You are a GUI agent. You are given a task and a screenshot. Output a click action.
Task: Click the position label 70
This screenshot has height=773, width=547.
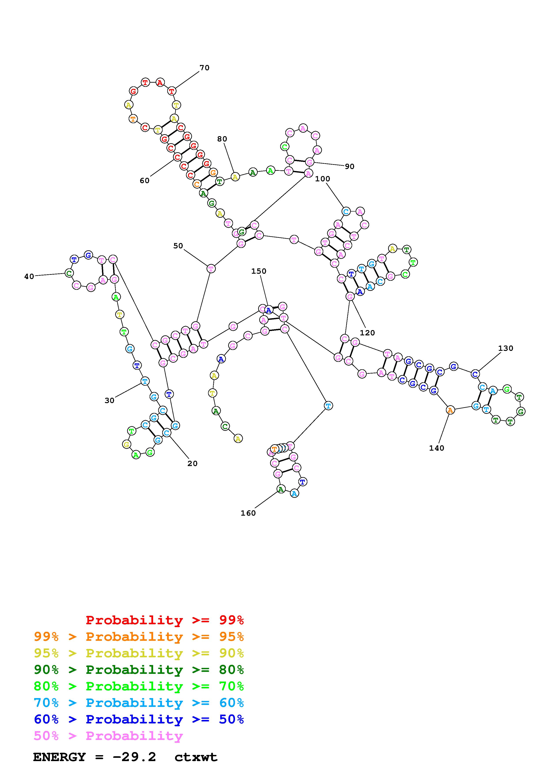(204, 68)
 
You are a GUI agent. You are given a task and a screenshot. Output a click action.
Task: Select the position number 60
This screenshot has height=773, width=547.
(144, 181)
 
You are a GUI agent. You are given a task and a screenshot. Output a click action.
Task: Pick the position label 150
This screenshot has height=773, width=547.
(259, 271)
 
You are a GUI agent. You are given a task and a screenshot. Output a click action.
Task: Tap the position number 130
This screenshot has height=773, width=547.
(506, 348)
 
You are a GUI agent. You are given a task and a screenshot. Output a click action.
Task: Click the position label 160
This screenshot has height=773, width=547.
(248, 513)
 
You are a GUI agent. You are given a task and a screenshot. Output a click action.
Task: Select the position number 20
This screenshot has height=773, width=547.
(192, 464)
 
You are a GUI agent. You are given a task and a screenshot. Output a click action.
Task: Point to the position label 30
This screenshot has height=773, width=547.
(109, 400)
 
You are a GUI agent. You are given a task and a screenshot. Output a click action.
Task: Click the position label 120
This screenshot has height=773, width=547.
(367, 333)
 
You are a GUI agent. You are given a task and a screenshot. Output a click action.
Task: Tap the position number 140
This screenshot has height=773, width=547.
(436, 448)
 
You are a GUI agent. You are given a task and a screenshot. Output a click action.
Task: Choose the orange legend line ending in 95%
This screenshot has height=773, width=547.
(139, 637)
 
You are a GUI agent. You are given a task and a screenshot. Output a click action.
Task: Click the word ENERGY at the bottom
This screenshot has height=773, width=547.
(59, 757)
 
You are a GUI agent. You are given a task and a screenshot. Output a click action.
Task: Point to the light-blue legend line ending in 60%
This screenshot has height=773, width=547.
(139, 703)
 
